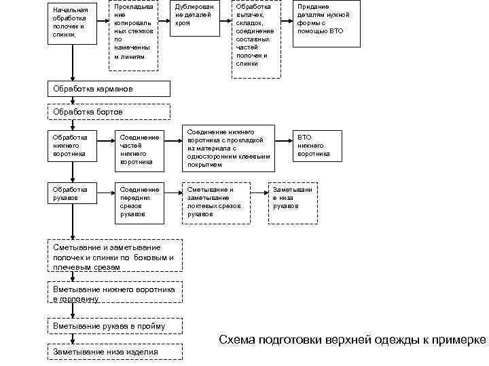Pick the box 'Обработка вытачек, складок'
[x=255, y=34]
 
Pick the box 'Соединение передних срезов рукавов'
[x=139, y=201]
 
